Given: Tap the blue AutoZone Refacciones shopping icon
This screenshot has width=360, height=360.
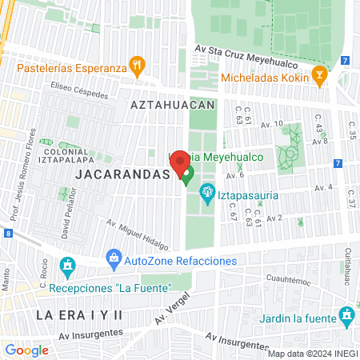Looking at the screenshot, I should coord(114,258).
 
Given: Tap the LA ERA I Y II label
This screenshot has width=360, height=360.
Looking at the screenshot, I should coord(78,314).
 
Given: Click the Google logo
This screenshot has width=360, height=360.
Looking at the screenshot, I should coord(26,350).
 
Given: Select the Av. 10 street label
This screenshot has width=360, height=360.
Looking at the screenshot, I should coord(272,124).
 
